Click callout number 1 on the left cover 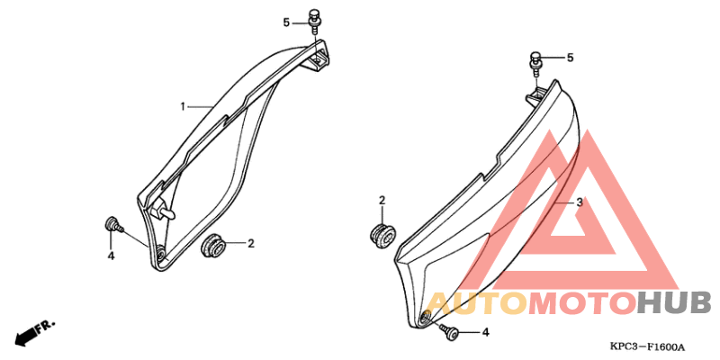pyautogui.click(x=183, y=107)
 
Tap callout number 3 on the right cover pyautogui.click(x=580, y=202)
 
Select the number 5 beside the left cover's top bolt pyautogui.click(x=286, y=22)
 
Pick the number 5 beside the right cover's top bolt pyautogui.click(x=570, y=58)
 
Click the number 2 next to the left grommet pyautogui.click(x=251, y=244)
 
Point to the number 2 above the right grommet pyautogui.click(x=382, y=201)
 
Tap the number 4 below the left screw pyautogui.click(x=111, y=256)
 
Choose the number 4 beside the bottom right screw pyautogui.click(x=485, y=332)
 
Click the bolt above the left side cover pyautogui.click(x=314, y=20)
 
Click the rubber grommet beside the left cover pyautogui.click(x=213, y=245)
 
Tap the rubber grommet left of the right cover pyautogui.click(x=381, y=235)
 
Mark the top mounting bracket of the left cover pyautogui.click(x=316, y=57)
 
